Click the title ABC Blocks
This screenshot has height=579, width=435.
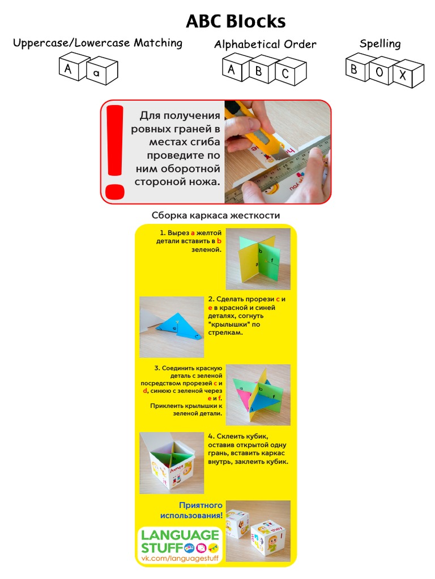click(236, 21)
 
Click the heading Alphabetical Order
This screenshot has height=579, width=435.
click(265, 44)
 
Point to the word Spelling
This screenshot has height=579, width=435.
click(379, 44)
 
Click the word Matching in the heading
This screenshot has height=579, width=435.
click(157, 43)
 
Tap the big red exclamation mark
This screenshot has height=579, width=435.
click(115, 151)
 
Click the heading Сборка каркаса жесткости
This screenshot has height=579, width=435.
click(215, 215)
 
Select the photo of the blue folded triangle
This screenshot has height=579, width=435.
click(172, 327)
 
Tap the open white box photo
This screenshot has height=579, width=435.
click(171, 463)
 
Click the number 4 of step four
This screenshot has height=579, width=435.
click(211, 437)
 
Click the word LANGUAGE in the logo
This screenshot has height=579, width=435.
click(180, 534)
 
